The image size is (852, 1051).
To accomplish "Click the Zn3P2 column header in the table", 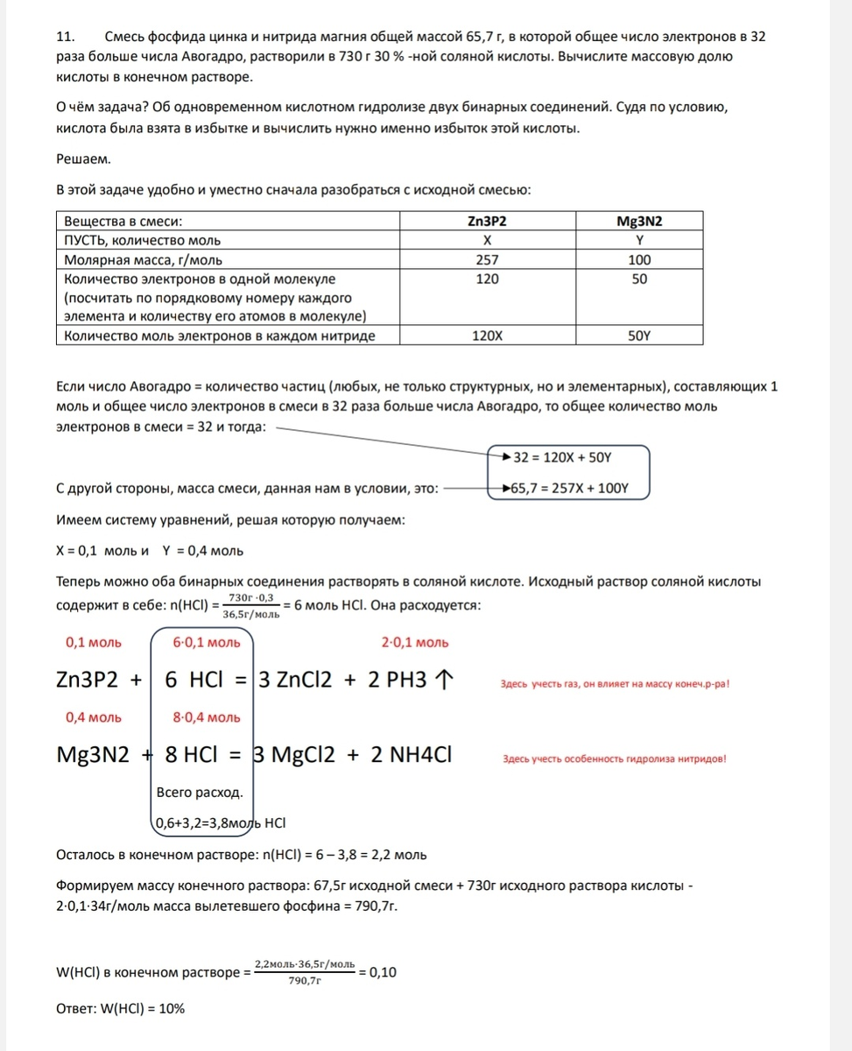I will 488,221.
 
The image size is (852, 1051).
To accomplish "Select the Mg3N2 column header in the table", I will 640,221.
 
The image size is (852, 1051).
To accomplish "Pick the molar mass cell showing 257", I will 488,259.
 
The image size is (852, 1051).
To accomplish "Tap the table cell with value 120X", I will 488,335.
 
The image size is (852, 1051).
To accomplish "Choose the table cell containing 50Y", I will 640,335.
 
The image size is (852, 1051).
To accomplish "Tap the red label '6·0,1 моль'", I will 207,642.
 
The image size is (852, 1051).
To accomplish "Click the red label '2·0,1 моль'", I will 415,642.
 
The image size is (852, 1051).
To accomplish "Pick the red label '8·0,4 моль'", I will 207,717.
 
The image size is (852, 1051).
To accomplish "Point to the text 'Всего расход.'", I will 200,793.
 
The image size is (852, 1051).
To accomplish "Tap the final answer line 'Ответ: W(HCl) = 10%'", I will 121,1008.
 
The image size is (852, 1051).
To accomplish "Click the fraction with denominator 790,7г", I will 305,971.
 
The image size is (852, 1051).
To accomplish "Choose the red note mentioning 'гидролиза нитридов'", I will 615,758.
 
